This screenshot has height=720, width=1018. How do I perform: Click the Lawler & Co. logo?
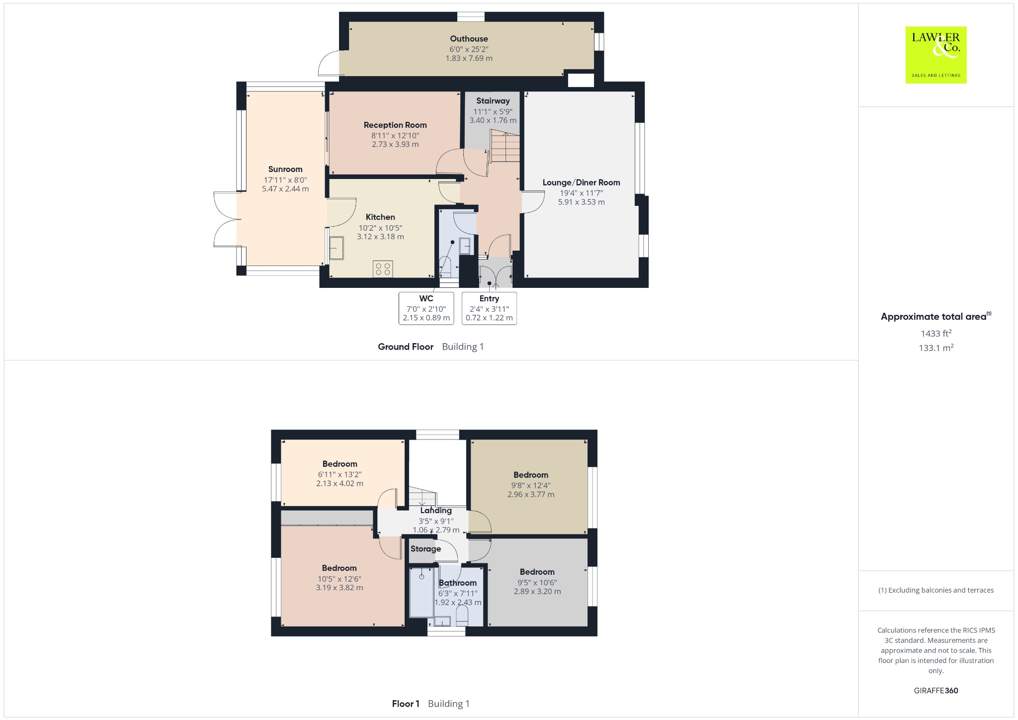click(x=935, y=55)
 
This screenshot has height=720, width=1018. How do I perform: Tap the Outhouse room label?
click(x=469, y=39)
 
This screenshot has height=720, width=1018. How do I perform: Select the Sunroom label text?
click(x=285, y=169)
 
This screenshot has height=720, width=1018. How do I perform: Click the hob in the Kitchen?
click(x=383, y=269)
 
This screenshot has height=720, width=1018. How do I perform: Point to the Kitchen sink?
click(x=336, y=248)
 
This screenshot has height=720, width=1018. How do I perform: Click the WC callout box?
click(x=426, y=308)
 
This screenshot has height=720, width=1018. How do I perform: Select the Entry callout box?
click(x=489, y=308)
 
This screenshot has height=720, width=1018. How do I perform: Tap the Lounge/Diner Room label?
click(x=581, y=182)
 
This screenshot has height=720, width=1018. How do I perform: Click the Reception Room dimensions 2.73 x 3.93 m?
click(x=395, y=144)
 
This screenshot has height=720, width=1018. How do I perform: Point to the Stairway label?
click(x=493, y=101)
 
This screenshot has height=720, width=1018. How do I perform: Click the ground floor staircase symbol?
click(x=504, y=145)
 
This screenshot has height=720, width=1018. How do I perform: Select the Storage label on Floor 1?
click(x=425, y=549)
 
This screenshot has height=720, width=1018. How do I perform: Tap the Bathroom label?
click(x=457, y=583)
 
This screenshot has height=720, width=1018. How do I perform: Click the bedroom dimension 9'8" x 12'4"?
click(x=531, y=485)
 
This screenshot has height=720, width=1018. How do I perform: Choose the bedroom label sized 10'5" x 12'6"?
click(x=339, y=568)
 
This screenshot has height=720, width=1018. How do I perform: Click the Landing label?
click(x=436, y=511)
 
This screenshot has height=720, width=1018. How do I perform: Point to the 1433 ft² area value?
click(x=935, y=333)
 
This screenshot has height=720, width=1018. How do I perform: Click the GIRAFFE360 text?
click(x=935, y=690)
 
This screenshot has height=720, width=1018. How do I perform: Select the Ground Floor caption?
click(x=406, y=347)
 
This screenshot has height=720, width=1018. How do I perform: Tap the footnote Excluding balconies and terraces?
click(x=935, y=590)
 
